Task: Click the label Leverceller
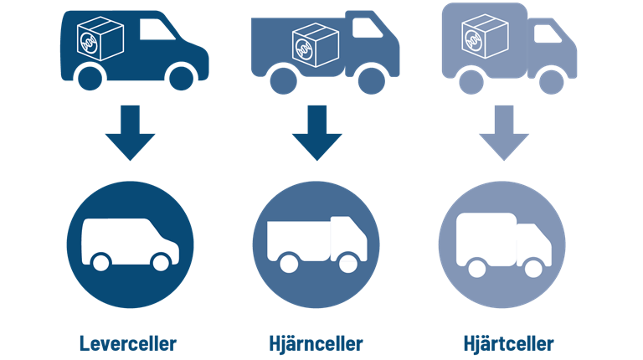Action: pyautogui.click(x=128, y=343)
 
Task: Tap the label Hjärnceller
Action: pyautogui.click(x=316, y=343)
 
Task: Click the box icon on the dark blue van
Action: pyautogui.click(x=99, y=38)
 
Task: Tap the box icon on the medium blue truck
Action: pyautogui.click(x=315, y=43)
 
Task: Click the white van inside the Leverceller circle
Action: pyautogui.click(x=130, y=243)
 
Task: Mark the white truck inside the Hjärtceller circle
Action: pyautogui.click(x=504, y=243)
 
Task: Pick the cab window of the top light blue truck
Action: pyautogui.click(x=548, y=33)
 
